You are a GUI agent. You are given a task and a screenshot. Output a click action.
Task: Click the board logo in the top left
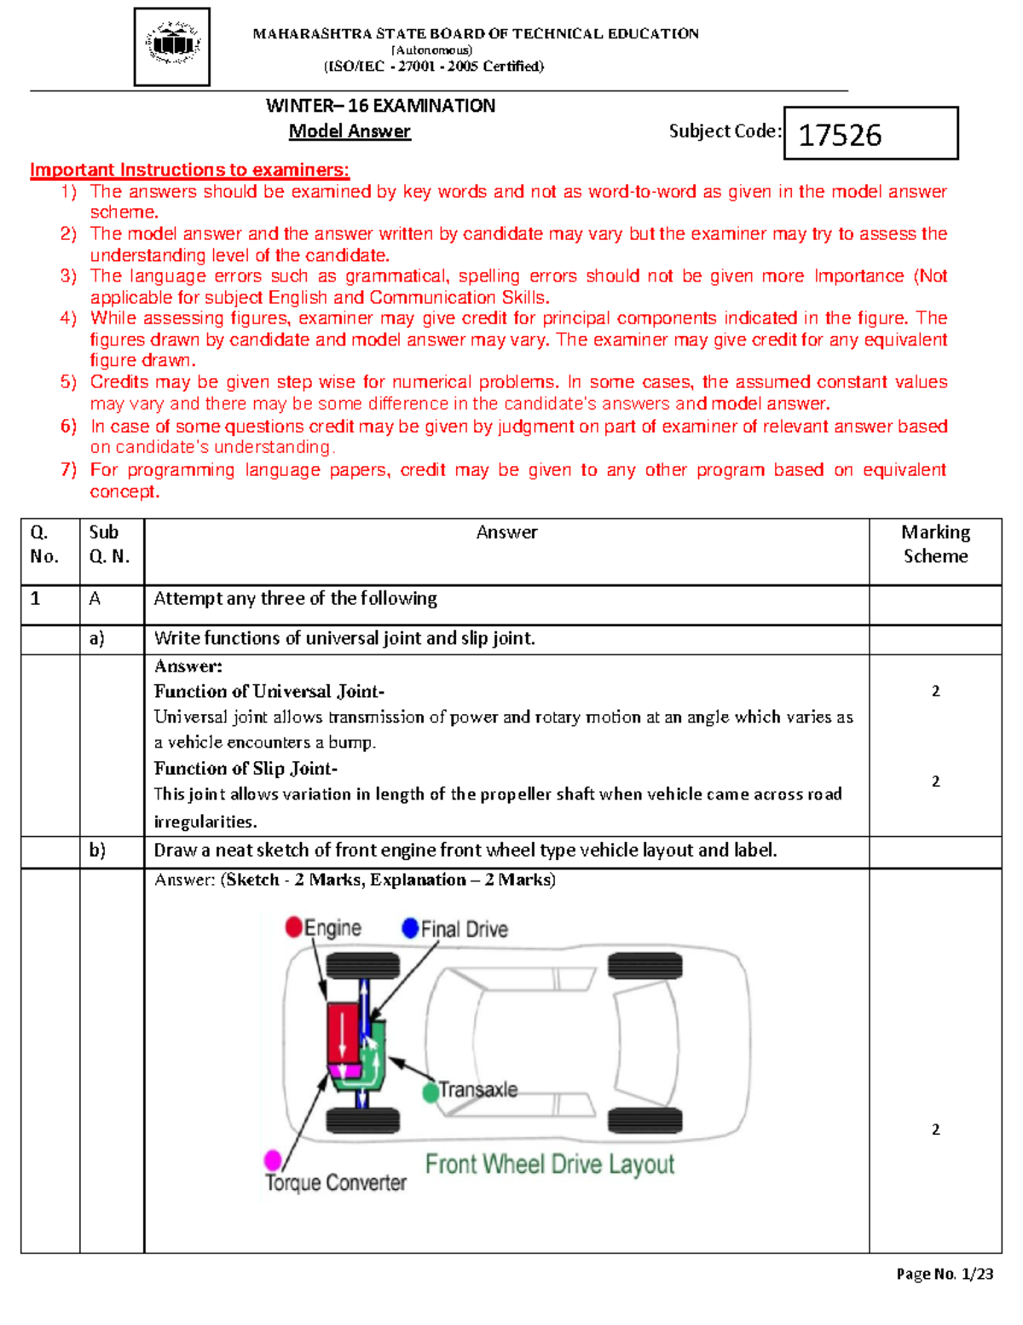(172, 47)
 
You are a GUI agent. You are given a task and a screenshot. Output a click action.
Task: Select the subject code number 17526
(840, 135)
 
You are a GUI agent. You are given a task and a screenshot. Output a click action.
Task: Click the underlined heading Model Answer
(350, 131)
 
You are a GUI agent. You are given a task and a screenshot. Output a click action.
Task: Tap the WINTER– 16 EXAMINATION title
(380, 106)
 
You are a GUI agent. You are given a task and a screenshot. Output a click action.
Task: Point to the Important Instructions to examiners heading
(189, 170)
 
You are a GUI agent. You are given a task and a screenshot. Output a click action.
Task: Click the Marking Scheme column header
(935, 544)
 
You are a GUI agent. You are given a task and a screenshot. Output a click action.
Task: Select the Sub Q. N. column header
(109, 544)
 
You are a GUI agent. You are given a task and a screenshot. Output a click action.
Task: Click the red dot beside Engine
(294, 927)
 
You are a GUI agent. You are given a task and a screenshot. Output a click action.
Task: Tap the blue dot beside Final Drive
(410, 928)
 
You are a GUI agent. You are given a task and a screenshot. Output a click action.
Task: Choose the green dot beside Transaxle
(431, 1093)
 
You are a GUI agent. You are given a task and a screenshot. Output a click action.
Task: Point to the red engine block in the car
(344, 1032)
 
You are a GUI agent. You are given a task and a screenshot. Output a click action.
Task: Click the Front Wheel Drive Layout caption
(549, 1165)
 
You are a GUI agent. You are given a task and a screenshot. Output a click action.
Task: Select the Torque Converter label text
(336, 1183)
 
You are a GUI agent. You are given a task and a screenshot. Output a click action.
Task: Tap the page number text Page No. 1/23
(945, 1275)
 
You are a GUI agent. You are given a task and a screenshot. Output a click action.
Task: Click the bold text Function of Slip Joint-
(246, 769)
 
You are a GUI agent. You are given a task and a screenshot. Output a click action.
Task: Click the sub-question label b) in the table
(97, 851)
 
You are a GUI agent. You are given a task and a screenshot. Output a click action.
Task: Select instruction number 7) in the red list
(69, 470)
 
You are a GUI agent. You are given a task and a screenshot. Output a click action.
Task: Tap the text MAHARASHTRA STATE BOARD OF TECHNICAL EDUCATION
(476, 34)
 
